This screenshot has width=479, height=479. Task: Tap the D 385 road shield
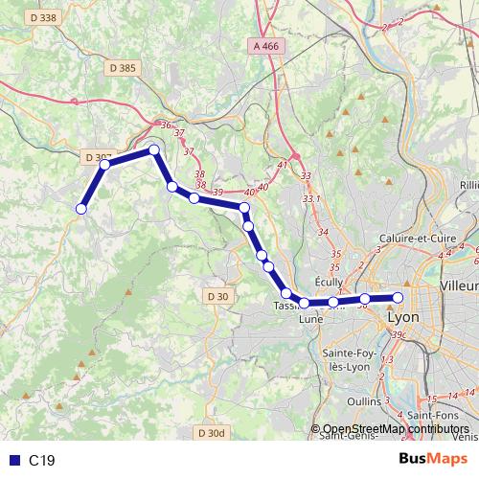[123, 68]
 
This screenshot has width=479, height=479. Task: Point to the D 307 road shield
[98, 157]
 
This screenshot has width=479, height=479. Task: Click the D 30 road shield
[217, 296]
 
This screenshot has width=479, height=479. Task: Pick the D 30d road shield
[212, 433]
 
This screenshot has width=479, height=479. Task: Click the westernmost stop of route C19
[81, 208]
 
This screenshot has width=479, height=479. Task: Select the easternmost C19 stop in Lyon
[400, 297]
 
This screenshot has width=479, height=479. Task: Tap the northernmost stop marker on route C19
[153, 149]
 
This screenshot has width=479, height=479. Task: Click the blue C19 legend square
[11, 461]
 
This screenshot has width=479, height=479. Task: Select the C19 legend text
[41, 461]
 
